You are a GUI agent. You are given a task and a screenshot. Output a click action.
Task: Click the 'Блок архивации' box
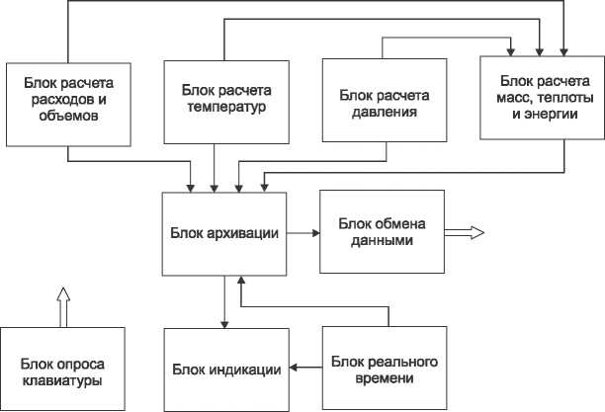pos(226,233)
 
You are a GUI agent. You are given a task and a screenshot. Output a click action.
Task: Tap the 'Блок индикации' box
pos(225,369)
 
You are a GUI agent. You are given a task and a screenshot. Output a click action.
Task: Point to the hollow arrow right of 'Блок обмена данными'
pos(465,232)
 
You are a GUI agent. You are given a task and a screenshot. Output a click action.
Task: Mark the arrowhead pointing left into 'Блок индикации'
pos(294,369)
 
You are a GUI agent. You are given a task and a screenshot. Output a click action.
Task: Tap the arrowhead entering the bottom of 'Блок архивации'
pos(241,282)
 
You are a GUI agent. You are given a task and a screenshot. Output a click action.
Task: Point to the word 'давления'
pos(385,112)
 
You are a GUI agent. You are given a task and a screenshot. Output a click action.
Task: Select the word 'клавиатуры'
pos(63,380)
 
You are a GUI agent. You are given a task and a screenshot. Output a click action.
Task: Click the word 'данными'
pos(382,240)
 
